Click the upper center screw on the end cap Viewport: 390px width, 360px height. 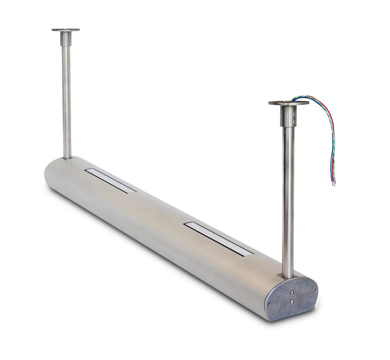pos(292,290)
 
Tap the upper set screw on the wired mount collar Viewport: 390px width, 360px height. pos(294,114)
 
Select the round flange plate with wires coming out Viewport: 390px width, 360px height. pos(288,103)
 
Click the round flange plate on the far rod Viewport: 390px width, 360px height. pos(66,30)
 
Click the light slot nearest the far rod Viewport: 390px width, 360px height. pos(111,180)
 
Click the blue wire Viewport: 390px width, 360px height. pos(331,156)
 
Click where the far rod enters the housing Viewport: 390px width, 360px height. pos(67,157)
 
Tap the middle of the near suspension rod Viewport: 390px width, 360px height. pos(288,195)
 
